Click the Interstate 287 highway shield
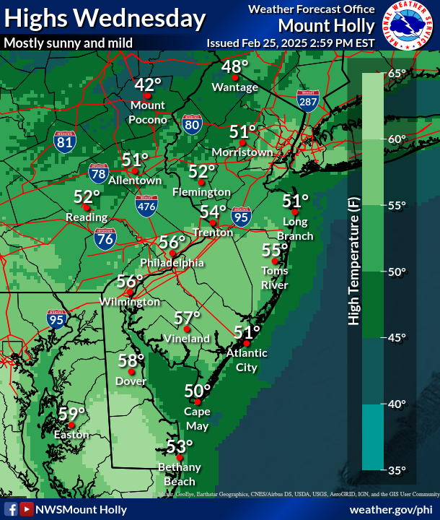tap(307, 100)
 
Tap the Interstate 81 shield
tap(64, 141)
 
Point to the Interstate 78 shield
tap(98, 173)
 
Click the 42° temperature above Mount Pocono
tap(149, 85)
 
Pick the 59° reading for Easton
tap(72, 414)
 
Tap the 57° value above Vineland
tap(188, 318)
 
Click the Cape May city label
tap(197, 418)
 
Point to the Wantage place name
tap(235, 87)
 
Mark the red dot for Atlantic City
tap(247, 343)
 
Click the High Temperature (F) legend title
tap(353, 264)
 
